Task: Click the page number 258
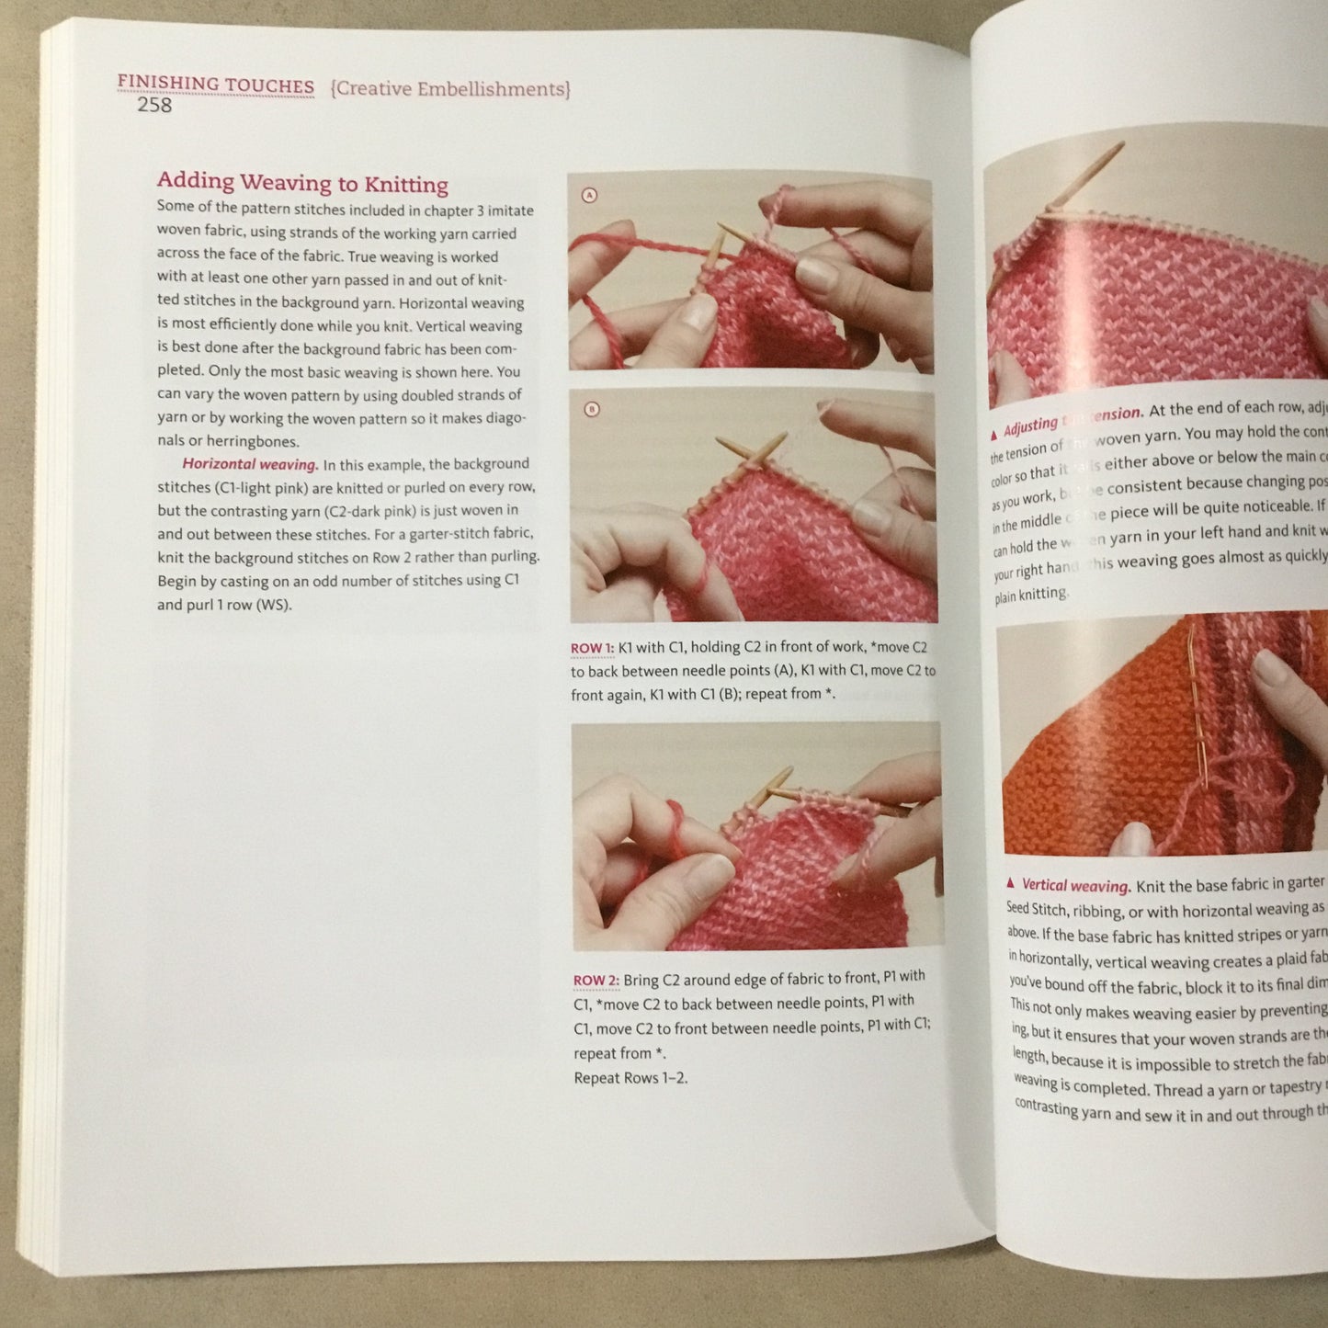point(154,105)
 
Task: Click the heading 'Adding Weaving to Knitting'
point(302,182)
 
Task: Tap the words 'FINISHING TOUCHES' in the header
point(215,85)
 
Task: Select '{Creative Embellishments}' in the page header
point(450,89)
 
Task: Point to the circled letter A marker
point(590,195)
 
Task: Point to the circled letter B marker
point(592,409)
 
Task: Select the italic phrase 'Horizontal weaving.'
point(250,464)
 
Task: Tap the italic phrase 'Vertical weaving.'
point(1075,886)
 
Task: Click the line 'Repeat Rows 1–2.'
point(630,1078)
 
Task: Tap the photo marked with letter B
point(754,505)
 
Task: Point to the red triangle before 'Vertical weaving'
point(1011,883)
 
